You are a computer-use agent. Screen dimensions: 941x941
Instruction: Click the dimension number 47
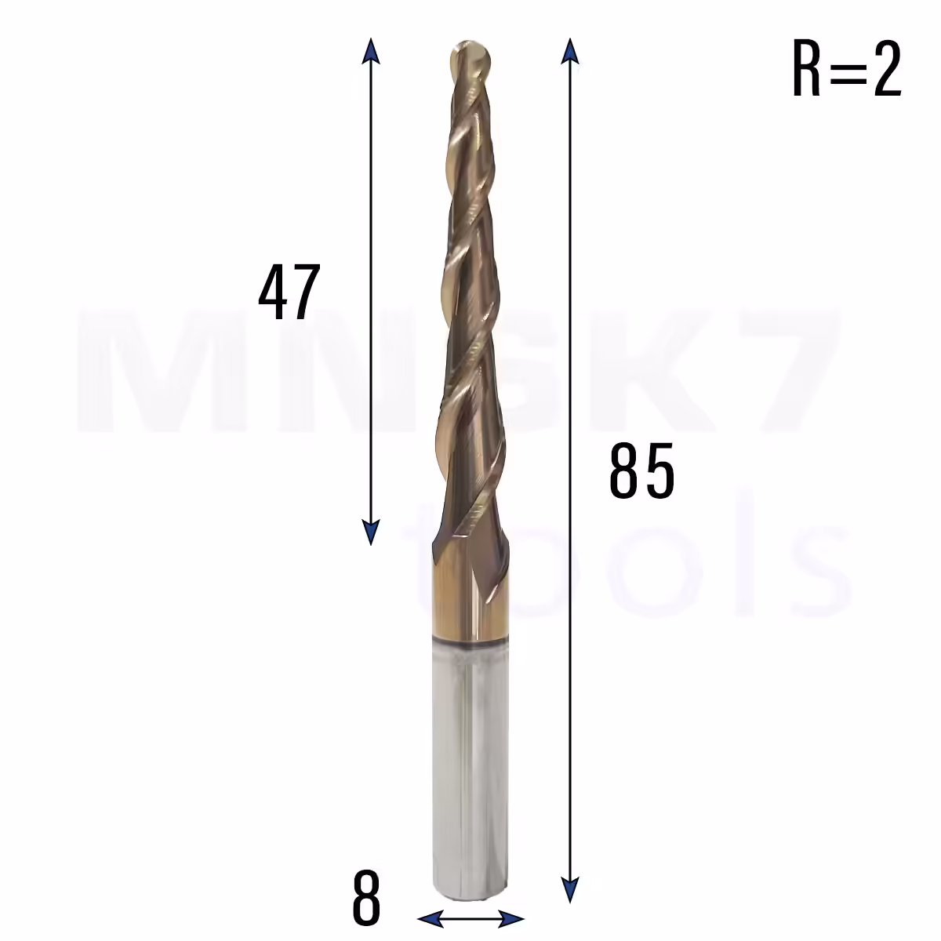pyautogui.click(x=289, y=291)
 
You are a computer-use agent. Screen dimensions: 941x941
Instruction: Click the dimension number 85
pyautogui.click(x=641, y=470)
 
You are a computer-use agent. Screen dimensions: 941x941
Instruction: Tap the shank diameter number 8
pyautogui.click(x=365, y=898)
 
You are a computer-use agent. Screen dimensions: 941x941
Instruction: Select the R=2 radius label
pyautogui.click(x=847, y=68)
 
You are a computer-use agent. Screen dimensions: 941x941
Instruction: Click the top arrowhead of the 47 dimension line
pyautogui.click(x=371, y=50)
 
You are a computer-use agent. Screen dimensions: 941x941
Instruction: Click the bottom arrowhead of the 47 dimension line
pyautogui.click(x=371, y=532)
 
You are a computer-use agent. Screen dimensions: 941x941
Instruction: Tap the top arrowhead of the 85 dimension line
pyautogui.click(x=570, y=51)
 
